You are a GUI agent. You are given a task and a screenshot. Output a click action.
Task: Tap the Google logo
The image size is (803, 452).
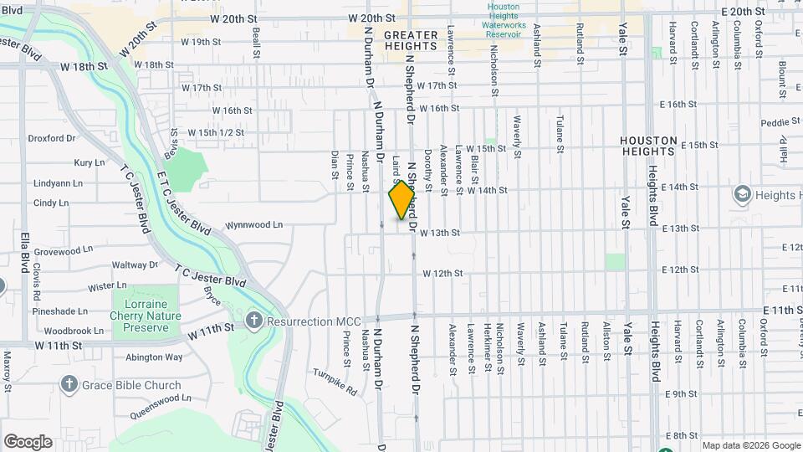[x=28, y=442]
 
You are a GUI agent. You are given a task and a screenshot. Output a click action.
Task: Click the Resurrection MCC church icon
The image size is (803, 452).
[x=255, y=320]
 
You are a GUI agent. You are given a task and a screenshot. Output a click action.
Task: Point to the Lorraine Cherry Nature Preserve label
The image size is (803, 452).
[x=146, y=316]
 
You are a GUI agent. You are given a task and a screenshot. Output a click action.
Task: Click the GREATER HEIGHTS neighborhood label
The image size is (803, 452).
[x=411, y=41]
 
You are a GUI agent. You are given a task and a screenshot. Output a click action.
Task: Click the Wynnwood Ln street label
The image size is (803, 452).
[x=254, y=225]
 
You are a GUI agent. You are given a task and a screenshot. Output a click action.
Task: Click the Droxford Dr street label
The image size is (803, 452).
[x=52, y=139]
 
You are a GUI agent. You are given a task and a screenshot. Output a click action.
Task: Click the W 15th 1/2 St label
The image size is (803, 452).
[x=216, y=132]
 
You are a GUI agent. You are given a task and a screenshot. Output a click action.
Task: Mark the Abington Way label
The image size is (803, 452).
[x=154, y=357]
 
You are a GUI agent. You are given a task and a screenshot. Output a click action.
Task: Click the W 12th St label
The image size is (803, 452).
[x=442, y=274]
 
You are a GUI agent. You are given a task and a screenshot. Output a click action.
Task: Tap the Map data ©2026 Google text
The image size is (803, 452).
[x=751, y=445]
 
